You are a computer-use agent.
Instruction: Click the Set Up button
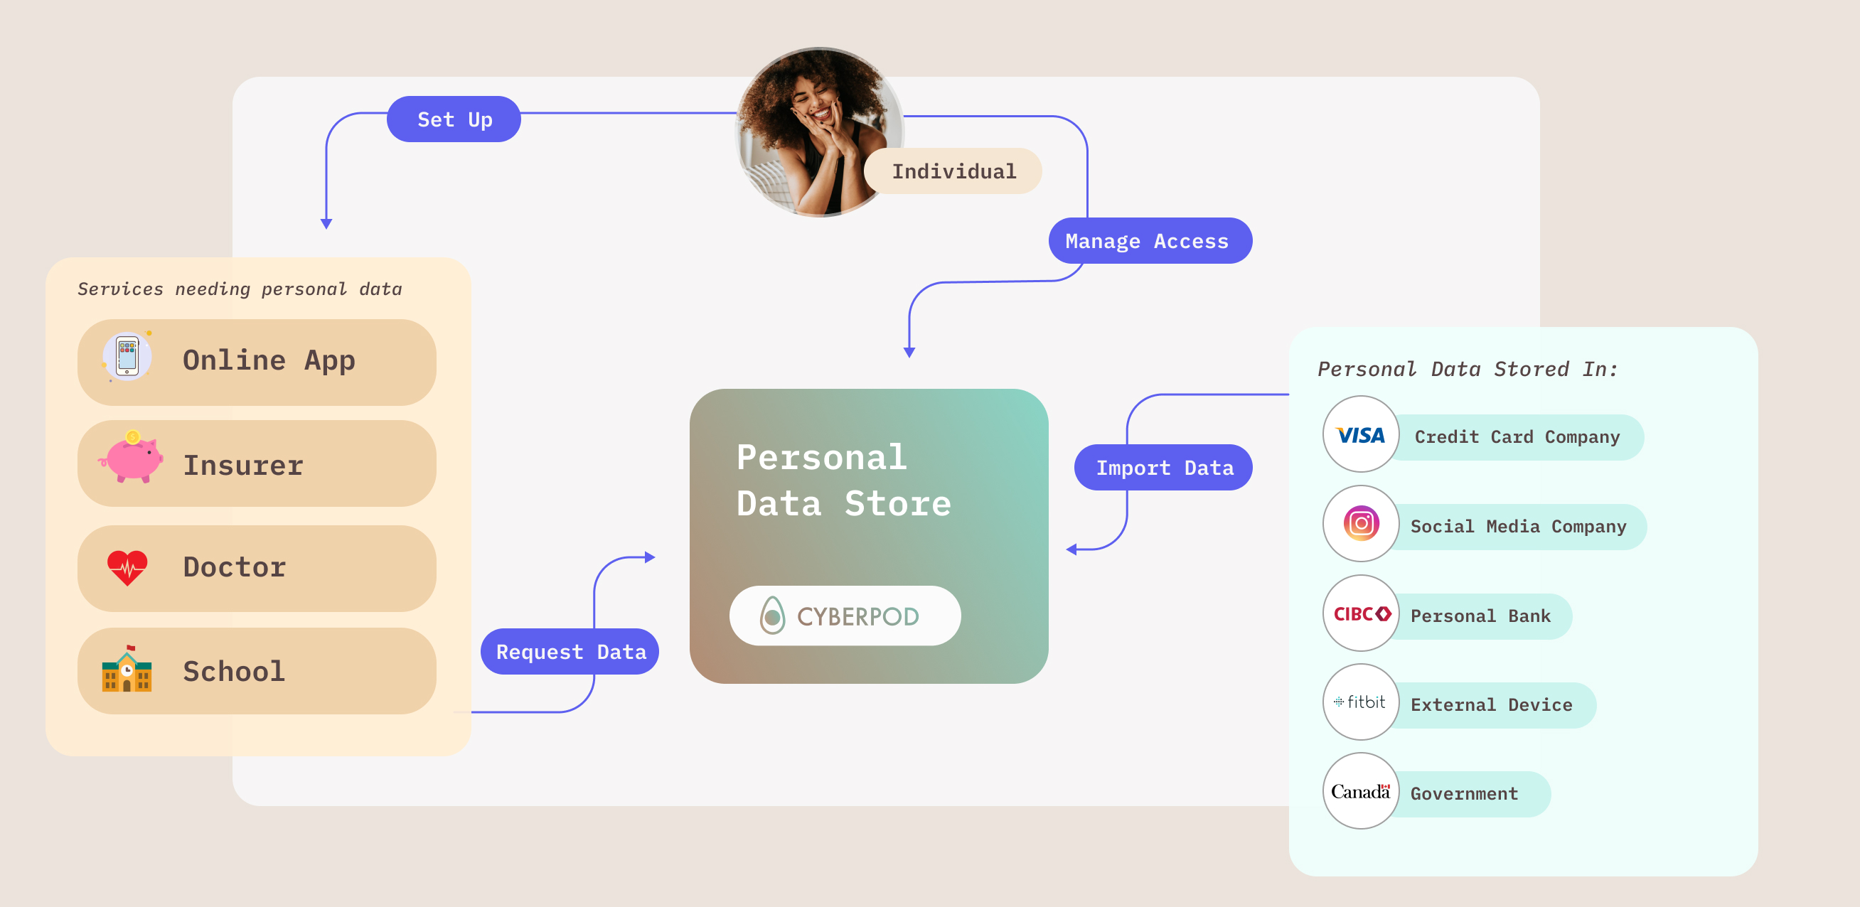click(454, 119)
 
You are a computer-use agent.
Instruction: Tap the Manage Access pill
click(1150, 240)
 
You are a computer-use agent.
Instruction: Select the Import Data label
click(1163, 467)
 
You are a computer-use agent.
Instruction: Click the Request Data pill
click(570, 651)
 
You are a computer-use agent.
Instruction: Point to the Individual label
click(953, 171)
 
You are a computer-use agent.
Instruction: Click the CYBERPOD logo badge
click(844, 616)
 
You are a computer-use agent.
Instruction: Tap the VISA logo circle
click(1360, 435)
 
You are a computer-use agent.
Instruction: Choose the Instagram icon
click(1361, 524)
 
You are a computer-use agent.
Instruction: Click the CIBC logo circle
click(1361, 613)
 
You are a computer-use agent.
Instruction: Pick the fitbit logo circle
click(1361, 702)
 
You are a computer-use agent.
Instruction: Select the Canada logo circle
click(1361, 790)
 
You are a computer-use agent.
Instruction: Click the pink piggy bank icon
click(131, 458)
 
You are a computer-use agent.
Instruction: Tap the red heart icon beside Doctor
click(127, 568)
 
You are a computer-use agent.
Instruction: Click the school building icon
click(127, 670)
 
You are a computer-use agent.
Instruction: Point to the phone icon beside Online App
click(127, 357)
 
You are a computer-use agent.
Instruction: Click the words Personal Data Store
click(843, 481)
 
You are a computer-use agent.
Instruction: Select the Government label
click(1464, 793)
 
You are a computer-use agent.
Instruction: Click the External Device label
click(1491, 705)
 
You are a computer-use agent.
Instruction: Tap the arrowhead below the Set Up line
click(326, 224)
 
